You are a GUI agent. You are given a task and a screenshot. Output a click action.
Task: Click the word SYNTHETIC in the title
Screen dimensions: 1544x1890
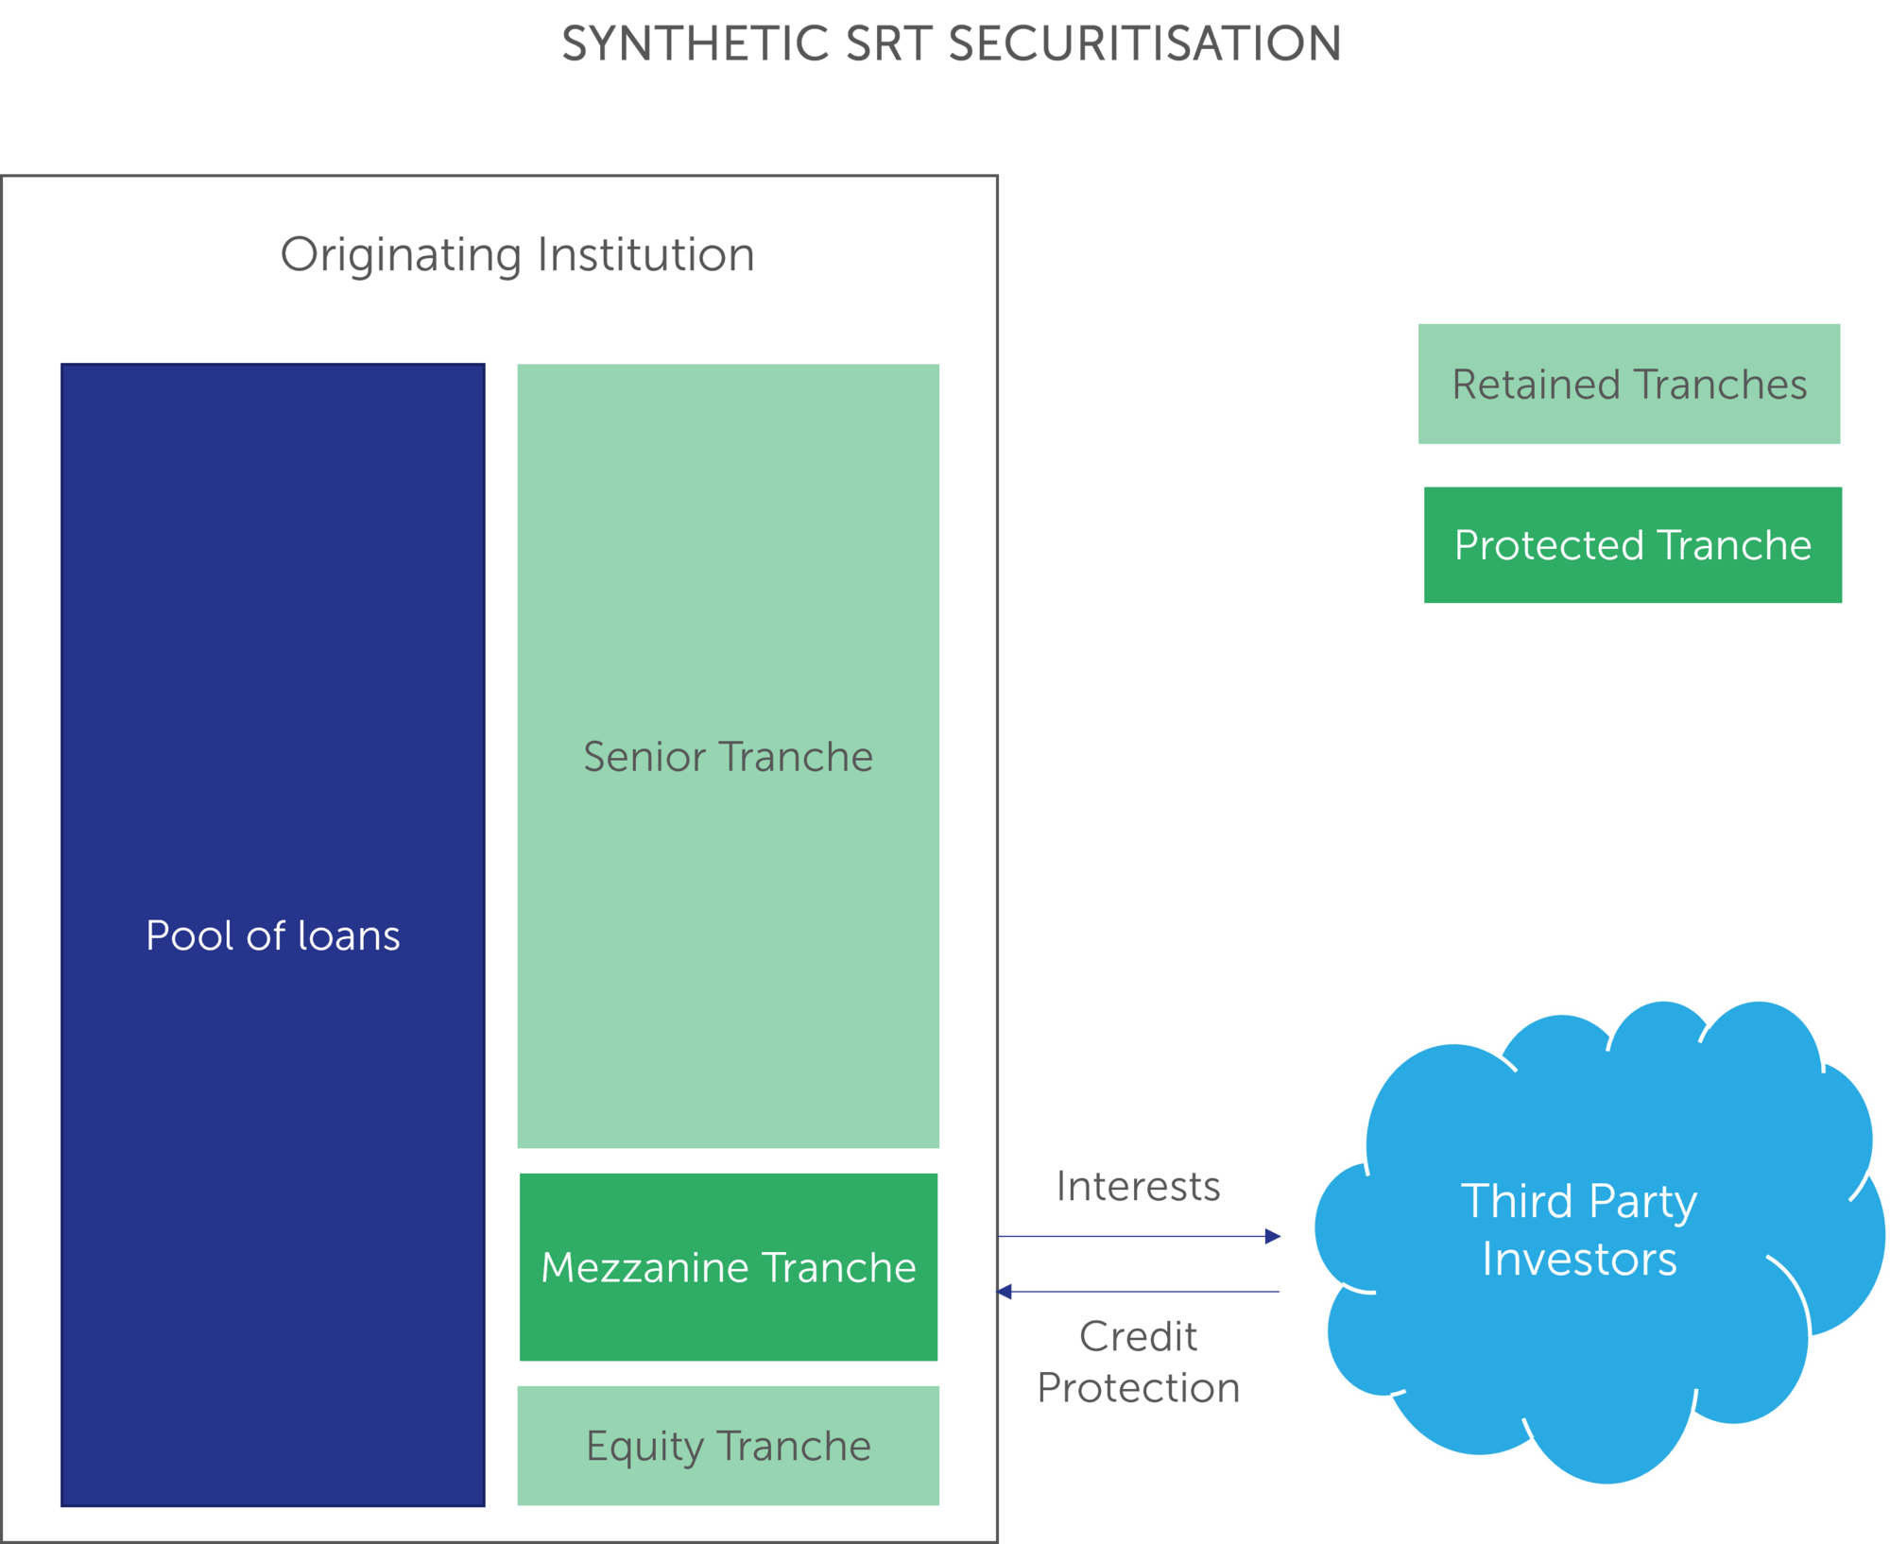pos(695,44)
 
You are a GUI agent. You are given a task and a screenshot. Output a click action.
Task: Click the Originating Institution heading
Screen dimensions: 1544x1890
pos(517,255)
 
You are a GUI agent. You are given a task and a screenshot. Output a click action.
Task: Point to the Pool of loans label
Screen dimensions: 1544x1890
pos(272,935)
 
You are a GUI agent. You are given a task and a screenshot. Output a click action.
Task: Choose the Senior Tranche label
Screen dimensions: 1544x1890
pos(728,757)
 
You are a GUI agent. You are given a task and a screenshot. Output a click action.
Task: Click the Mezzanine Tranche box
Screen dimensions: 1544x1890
pos(728,1267)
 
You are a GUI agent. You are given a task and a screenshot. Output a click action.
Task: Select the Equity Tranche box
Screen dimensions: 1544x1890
pos(728,1446)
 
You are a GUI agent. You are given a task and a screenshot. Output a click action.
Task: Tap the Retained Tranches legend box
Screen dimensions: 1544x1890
pos(1628,385)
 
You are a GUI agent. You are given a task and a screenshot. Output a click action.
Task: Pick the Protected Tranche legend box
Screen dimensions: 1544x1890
pos(1632,545)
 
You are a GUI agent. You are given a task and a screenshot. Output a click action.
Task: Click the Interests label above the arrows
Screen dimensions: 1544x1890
pos(1138,1187)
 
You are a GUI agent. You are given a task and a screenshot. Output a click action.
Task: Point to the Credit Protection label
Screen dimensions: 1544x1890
pos(1138,1363)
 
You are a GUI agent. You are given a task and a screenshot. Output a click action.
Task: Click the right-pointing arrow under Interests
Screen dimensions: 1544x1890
pos(1140,1236)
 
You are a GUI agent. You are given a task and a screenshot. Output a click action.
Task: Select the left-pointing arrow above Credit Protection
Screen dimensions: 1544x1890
pos(1140,1292)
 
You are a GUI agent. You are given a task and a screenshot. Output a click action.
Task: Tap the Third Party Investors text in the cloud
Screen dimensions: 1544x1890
pos(1579,1229)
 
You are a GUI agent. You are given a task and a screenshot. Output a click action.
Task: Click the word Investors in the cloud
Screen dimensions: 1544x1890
pos(1579,1260)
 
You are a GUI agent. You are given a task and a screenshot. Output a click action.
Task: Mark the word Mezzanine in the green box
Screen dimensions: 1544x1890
pos(644,1267)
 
